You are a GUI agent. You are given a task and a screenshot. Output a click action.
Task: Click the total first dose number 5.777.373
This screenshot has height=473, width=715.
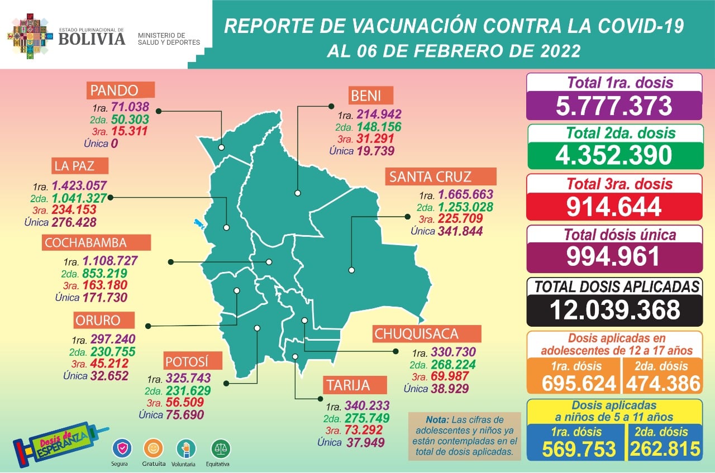(x=613, y=106)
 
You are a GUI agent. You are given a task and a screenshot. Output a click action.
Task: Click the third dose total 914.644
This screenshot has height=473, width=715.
(x=613, y=206)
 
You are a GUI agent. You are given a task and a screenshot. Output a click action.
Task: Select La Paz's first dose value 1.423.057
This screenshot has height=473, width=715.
(x=79, y=186)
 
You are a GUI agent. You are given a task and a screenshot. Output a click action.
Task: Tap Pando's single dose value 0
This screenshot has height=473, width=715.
(x=114, y=144)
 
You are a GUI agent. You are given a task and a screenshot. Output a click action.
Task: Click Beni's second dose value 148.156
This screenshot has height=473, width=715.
(x=376, y=127)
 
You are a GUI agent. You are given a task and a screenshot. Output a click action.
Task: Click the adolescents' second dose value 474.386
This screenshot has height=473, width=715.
(x=663, y=383)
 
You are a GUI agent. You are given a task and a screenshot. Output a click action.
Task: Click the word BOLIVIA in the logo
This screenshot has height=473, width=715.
(x=92, y=39)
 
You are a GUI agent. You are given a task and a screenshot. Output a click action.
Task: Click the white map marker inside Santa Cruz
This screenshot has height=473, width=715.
(x=351, y=270)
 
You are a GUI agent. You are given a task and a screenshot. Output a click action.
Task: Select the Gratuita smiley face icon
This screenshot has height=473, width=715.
(x=154, y=448)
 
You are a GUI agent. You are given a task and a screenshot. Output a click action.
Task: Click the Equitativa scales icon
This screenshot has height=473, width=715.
(x=221, y=448)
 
